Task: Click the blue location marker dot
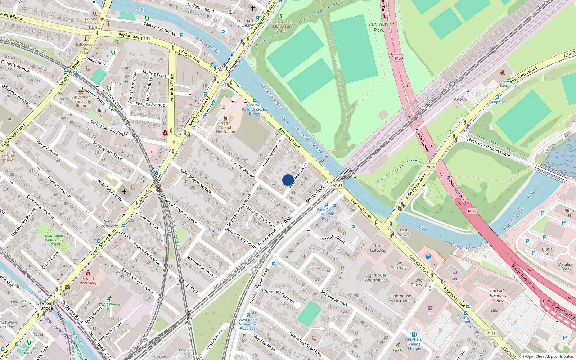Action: click(288, 180)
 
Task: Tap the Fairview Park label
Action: click(379, 27)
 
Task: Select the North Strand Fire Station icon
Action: click(225, 118)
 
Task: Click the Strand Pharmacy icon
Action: click(88, 273)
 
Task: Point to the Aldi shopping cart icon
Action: click(455, 274)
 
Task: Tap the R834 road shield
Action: click(430, 167)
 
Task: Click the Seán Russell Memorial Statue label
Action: click(281, 26)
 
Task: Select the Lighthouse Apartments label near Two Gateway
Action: click(376, 278)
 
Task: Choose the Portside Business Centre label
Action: click(498, 296)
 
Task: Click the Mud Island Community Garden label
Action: click(54, 240)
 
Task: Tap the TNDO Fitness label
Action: click(109, 305)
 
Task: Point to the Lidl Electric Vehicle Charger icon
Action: click(414, 334)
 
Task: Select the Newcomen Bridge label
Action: click(46, 306)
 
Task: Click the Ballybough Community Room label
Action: click(81, 101)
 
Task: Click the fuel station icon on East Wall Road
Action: click(428, 257)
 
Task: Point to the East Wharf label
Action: click(404, 232)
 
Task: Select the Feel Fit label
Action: click(398, 350)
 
